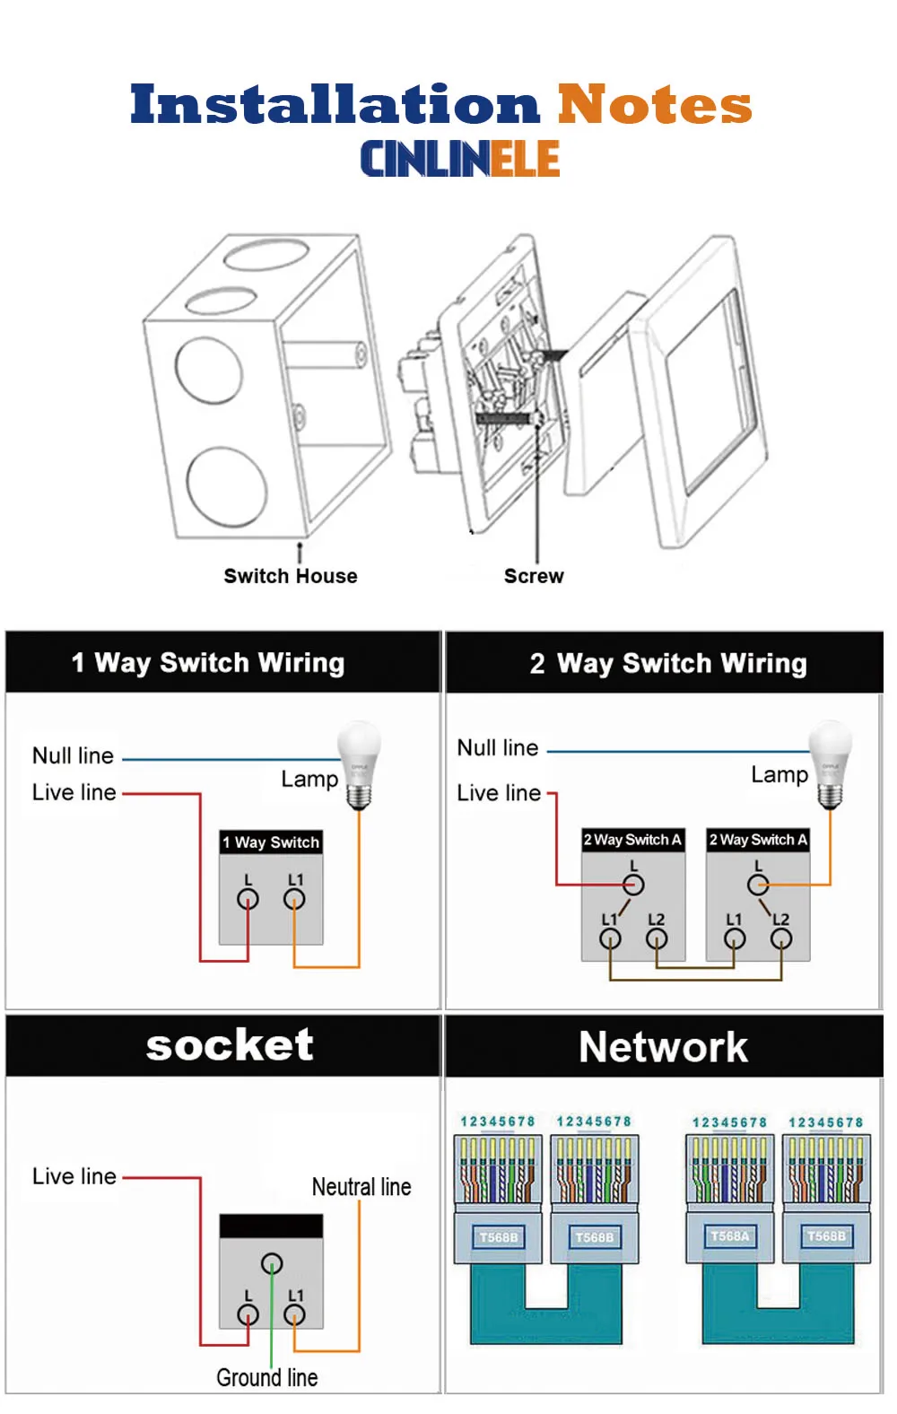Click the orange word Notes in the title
[x=654, y=103]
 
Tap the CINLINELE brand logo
[x=460, y=159]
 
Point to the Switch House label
[x=291, y=576]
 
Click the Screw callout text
[x=534, y=576]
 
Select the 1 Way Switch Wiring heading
[x=208, y=663]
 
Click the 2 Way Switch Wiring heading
[x=668, y=663]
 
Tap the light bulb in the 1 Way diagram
[x=359, y=765]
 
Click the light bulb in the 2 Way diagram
[x=831, y=764]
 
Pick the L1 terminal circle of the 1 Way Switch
[x=294, y=899]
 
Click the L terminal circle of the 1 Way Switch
[x=248, y=899]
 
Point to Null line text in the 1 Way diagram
[x=74, y=755]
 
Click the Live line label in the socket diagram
[x=74, y=1176]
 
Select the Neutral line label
[x=361, y=1187]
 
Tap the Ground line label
[x=267, y=1377]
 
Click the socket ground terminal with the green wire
[x=272, y=1264]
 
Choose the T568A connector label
[x=730, y=1236]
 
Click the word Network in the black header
[x=664, y=1047]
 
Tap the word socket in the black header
[x=230, y=1045]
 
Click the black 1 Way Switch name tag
[x=271, y=842]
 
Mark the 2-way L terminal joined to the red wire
[x=634, y=885]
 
